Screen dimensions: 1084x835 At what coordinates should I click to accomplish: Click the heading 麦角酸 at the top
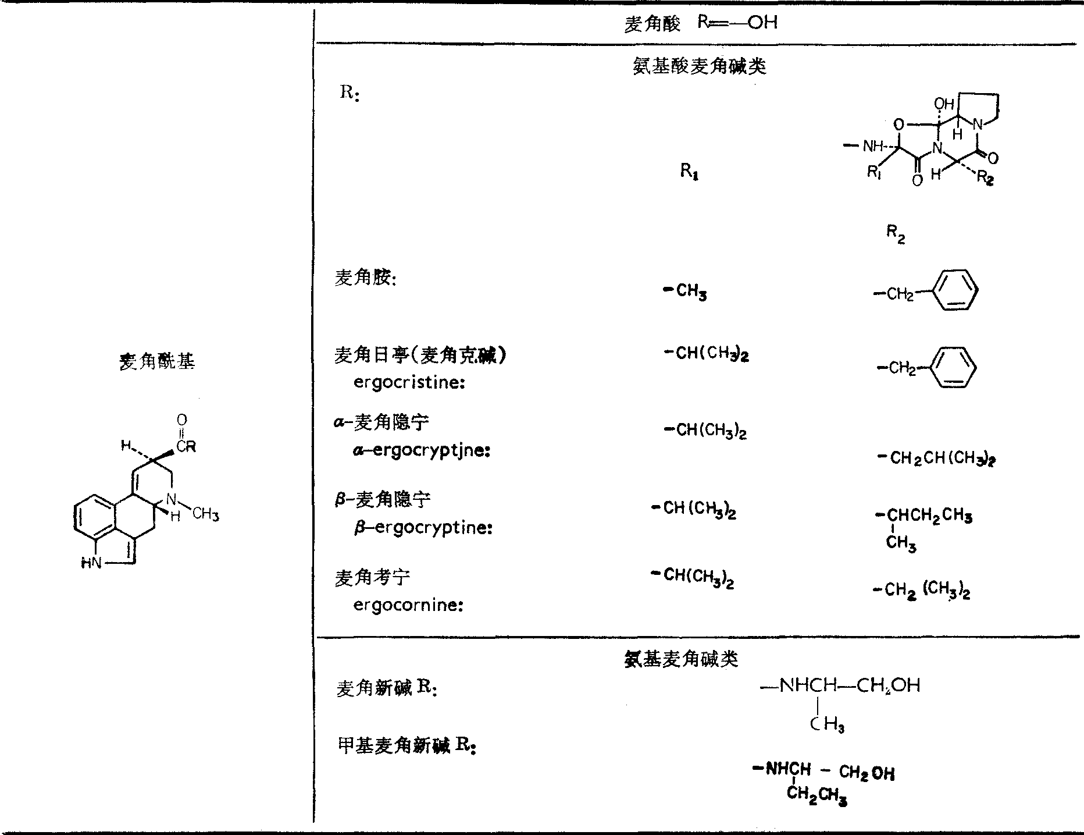[x=651, y=24]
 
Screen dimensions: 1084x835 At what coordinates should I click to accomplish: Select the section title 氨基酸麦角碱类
[x=699, y=66]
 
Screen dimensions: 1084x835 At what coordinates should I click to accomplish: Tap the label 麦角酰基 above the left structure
[x=157, y=361]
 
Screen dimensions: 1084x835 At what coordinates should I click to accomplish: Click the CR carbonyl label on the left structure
[x=187, y=447]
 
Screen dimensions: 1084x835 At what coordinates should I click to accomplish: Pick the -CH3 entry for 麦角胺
[x=686, y=290]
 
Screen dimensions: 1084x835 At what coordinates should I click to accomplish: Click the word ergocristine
[x=409, y=383]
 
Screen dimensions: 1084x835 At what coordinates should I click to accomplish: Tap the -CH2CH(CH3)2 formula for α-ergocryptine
[x=936, y=458]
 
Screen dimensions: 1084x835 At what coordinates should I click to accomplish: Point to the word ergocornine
[x=408, y=605]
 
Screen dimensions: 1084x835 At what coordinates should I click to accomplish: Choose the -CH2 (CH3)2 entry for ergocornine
[x=921, y=591]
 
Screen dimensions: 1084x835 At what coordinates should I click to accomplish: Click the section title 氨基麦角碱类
[x=681, y=659]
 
